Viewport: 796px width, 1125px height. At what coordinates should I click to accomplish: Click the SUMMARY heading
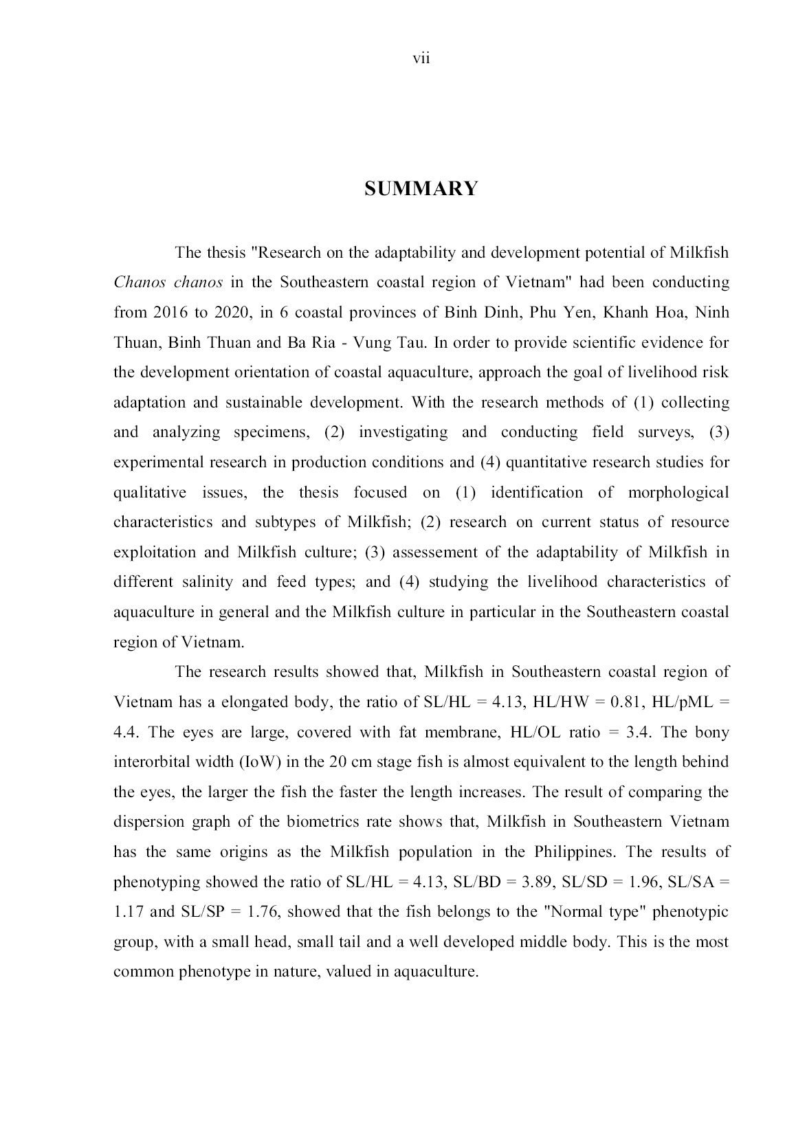pos(421,189)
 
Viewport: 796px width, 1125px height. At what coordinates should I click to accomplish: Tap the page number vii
pos(421,59)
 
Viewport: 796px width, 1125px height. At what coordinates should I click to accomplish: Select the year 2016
pos(170,313)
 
